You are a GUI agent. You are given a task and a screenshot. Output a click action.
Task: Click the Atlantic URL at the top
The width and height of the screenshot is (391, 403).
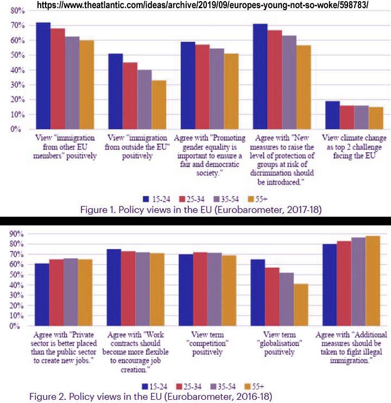pos(209,5)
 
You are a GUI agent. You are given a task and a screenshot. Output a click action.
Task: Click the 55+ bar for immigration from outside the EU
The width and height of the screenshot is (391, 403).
pos(159,105)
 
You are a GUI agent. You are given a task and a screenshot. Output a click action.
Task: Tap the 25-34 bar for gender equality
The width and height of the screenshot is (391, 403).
pos(202,87)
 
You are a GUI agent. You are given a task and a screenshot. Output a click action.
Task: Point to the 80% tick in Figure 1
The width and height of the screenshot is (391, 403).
pos(15,11)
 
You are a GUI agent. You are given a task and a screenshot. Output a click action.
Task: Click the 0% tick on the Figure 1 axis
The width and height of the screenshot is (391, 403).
pos(16,129)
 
